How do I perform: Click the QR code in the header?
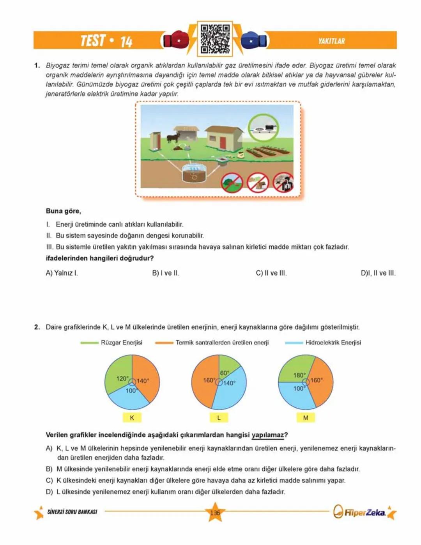click(x=215, y=39)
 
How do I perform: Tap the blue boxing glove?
click(x=253, y=40)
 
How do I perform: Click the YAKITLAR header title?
click(x=331, y=41)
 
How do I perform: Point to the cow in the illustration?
click(x=173, y=137)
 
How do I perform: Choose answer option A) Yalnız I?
click(x=62, y=273)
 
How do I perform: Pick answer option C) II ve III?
click(x=271, y=273)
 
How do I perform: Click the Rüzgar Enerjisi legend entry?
click(x=121, y=343)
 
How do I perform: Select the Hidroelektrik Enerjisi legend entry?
click(x=333, y=343)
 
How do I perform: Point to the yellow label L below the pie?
click(x=219, y=417)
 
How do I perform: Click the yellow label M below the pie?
click(x=306, y=417)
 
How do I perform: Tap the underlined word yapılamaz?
click(x=267, y=435)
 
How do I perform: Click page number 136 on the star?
click(x=215, y=513)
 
